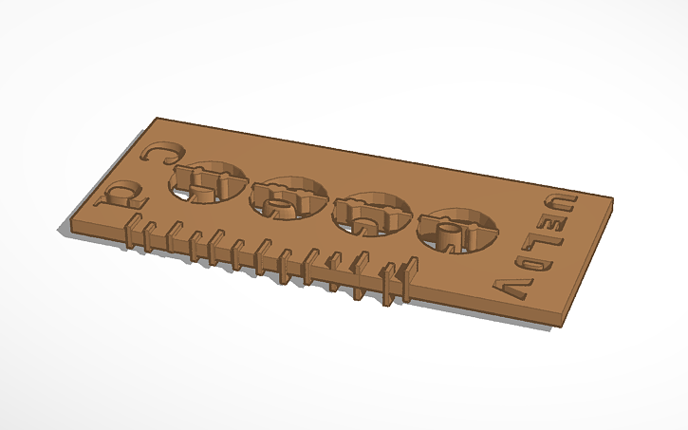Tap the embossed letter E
click(550, 224)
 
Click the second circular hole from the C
click(288, 196)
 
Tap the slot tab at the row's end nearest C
click(133, 231)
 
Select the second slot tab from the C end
click(152, 234)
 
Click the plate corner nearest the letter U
click(611, 200)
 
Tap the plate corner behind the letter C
click(158, 119)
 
